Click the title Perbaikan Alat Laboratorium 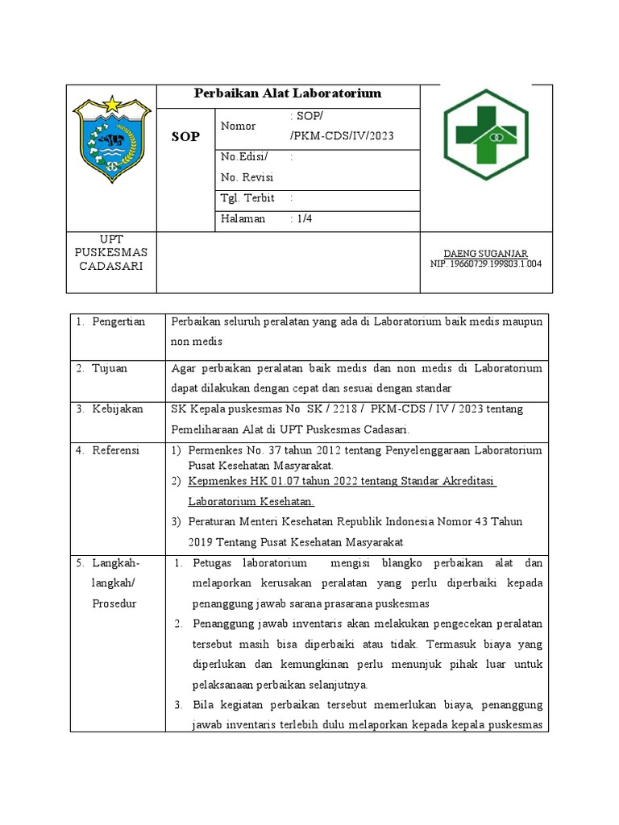coord(288,94)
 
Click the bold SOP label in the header coord(185,137)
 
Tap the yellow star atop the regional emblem coord(110,103)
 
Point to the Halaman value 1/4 coord(301,219)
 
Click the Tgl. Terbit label coord(247,198)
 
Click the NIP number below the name coord(486,264)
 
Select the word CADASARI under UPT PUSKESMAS coord(110,267)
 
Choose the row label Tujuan coord(109,368)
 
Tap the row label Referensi coord(115,450)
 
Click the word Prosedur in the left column coord(114,603)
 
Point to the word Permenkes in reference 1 coord(214,450)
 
